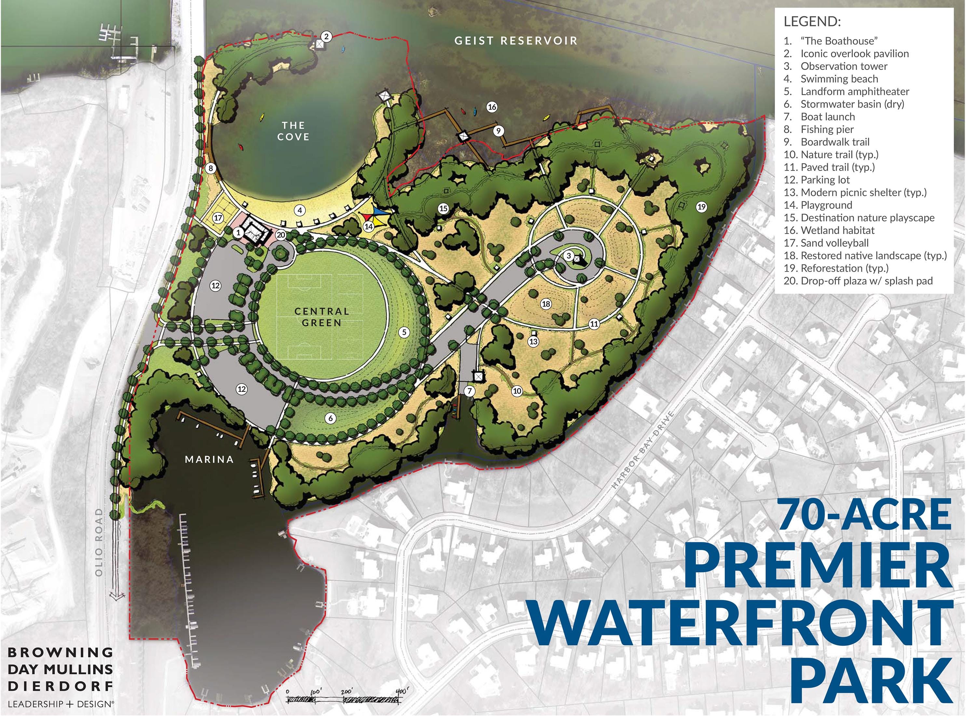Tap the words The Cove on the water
293,131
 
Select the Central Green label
321,317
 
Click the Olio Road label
99,542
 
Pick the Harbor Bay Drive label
643,450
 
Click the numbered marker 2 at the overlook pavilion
327,37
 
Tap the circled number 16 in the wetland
492,107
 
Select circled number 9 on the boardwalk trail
498,131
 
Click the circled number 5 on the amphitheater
404,332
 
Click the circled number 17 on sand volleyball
218,218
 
